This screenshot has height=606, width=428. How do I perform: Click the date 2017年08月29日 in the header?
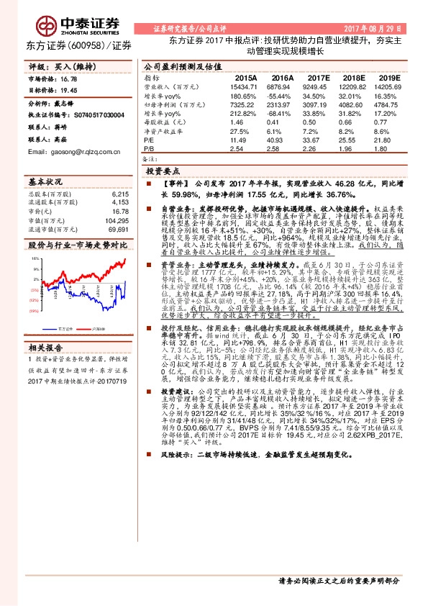pyautogui.click(x=374, y=28)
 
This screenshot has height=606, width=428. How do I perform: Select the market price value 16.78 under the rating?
pyautogui.click(x=68, y=78)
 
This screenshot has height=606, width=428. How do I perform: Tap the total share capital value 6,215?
pyautogui.click(x=120, y=194)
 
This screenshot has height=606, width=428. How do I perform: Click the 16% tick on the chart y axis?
pyautogui.click(x=33, y=250)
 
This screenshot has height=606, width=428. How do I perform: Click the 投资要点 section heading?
pyautogui.click(x=163, y=173)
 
